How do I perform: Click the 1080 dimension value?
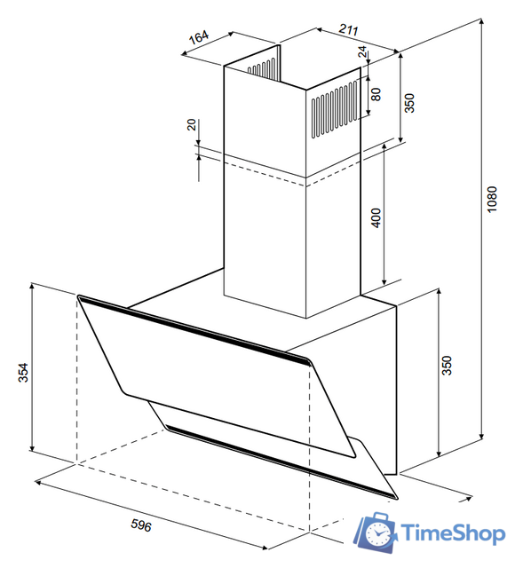pos(491,200)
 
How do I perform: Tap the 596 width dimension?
pos(141,525)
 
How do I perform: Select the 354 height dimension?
pos(23,373)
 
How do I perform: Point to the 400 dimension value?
pos(376,217)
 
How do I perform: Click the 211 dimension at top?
pos(348,29)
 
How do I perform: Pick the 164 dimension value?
pos(199,37)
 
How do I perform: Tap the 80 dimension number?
pos(376,94)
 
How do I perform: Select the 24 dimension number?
pos(362,51)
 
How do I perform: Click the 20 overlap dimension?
pos(192,124)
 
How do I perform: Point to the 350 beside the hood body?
pos(448,366)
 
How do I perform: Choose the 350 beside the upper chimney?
pos(409,103)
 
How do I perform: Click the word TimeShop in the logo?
pos(453,533)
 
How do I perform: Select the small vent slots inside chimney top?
pos(261,68)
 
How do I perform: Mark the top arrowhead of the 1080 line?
pos(481,21)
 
